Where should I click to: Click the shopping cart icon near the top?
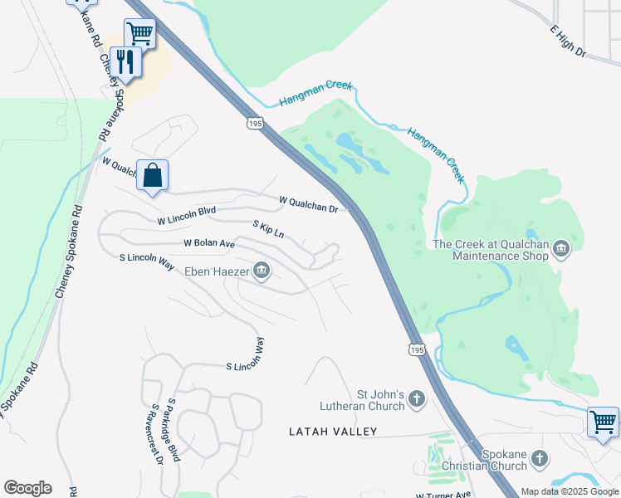point(140,33)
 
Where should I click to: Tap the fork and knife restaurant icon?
point(125,61)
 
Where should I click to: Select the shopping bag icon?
point(152,175)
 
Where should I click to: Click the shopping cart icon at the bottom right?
point(603,422)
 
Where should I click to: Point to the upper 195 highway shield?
point(255,123)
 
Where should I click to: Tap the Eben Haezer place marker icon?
point(262,270)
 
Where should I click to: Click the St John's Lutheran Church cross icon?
point(417,401)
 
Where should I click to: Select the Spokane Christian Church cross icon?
point(540,457)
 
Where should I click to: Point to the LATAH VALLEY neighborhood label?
point(332,432)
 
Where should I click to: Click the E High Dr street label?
point(568,41)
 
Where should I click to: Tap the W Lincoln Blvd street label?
point(187,217)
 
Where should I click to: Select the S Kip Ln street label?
point(268,229)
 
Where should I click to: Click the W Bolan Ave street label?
point(209,243)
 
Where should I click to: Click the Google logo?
point(27,488)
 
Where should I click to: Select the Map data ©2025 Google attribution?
point(570,491)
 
